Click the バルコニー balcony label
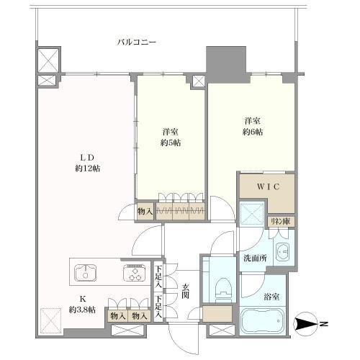pos(137,42)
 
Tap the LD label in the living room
pos(87,158)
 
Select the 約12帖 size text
pos(87,168)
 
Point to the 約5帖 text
pos(171,143)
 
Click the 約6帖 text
pos(253,132)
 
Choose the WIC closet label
pos(268,186)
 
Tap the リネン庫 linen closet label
pos(280,221)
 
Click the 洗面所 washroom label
pos(255,258)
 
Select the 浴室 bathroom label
pos(271,297)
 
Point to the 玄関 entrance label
pos(185,291)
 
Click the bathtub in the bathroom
pos(262,321)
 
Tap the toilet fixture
pos(223,290)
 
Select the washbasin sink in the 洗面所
pos(283,252)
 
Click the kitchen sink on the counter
pos(86,273)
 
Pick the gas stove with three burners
pos(135,273)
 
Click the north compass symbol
pos(305,324)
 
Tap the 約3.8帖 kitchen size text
pos(82,310)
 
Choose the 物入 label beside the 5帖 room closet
pos(145,212)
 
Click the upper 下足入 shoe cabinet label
pos(158,276)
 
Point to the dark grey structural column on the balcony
pos(226,64)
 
